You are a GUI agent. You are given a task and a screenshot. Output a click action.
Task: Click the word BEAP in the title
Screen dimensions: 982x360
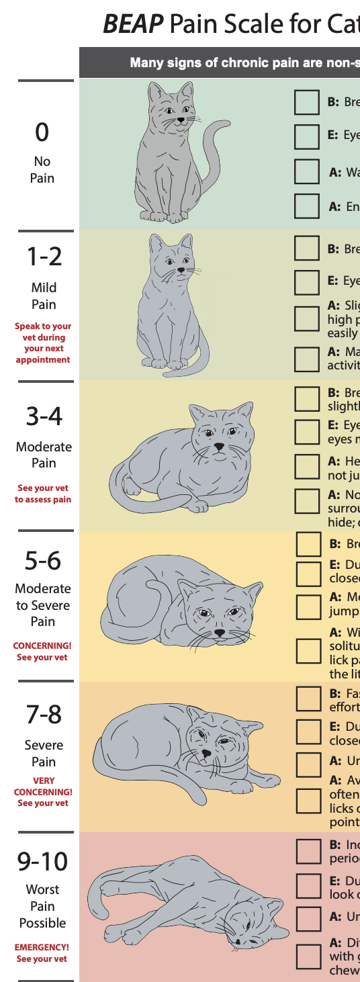tap(132, 26)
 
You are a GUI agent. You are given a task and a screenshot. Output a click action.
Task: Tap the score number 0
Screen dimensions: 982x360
tap(42, 132)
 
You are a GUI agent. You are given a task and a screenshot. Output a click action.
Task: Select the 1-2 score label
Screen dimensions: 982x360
tap(44, 256)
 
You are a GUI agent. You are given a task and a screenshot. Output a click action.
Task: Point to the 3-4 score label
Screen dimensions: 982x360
tap(44, 416)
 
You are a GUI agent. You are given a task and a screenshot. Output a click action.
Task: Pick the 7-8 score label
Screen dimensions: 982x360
tap(44, 715)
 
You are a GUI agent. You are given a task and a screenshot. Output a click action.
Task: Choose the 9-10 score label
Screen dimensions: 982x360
tap(43, 860)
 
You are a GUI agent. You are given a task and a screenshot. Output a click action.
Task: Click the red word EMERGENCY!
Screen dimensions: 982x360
tap(42, 947)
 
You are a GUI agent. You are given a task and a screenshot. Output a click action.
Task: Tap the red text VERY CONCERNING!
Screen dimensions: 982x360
tap(43, 787)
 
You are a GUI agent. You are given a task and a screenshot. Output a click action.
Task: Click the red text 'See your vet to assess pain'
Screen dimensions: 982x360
tap(43, 494)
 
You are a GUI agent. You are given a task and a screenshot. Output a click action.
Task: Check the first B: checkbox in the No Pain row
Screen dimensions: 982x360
tap(307, 102)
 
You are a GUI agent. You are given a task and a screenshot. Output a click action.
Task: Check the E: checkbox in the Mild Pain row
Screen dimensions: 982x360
tap(307, 282)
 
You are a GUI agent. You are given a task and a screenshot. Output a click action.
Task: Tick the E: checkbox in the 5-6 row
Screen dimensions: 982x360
tap(309, 573)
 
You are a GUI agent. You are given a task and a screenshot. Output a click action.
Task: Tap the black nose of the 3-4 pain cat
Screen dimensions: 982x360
tap(219, 445)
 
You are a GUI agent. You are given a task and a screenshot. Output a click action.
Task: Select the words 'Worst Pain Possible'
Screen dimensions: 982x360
tap(42, 906)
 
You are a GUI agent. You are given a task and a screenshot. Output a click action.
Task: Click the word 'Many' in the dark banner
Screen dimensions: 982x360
tap(146, 63)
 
